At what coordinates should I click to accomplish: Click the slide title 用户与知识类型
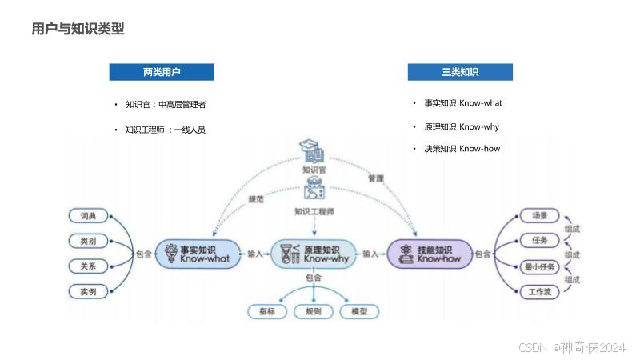tap(78, 30)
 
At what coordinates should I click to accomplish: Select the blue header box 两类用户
tap(162, 72)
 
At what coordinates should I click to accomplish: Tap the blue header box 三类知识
tap(460, 72)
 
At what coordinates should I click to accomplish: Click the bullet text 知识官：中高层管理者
tap(166, 104)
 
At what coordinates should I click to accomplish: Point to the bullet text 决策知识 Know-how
tap(462, 149)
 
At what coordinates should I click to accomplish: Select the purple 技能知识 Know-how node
tap(430, 254)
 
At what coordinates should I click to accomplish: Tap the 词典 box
tap(88, 216)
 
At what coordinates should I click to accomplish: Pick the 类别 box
tap(88, 241)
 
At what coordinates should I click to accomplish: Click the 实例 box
tap(88, 291)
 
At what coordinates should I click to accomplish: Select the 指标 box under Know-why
tap(266, 311)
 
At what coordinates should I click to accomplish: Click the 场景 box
tap(540, 215)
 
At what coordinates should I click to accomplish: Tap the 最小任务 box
tap(540, 266)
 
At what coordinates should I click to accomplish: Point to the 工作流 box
tap(540, 291)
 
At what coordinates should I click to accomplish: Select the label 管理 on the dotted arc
tap(375, 178)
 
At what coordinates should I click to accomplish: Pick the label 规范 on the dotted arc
tap(255, 198)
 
